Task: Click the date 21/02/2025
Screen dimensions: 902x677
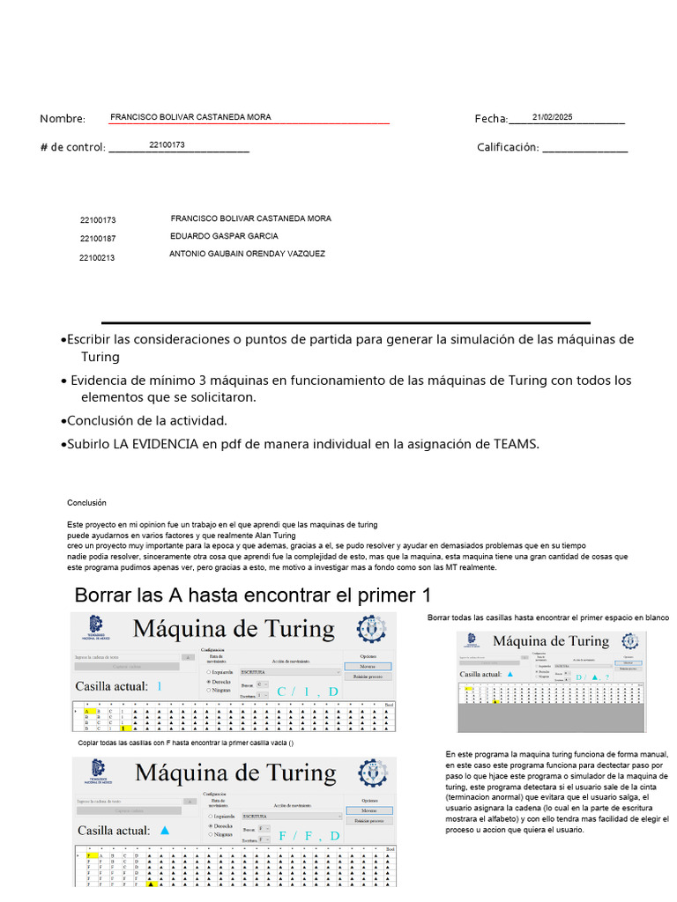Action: coord(552,116)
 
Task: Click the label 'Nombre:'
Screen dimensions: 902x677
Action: coord(63,120)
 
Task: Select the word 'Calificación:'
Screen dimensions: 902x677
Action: coord(507,147)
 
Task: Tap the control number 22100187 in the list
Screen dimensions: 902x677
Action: coord(98,239)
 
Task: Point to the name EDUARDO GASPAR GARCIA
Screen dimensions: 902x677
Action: coord(223,236)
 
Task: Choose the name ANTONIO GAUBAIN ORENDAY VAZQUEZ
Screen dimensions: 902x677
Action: coord(247,254)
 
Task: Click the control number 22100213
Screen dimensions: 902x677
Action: coord(97,258)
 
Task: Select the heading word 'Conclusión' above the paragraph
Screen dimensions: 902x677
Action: coord(86,503)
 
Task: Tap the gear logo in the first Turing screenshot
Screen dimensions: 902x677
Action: coord(371,629)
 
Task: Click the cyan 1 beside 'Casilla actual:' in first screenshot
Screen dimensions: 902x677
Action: coord(160,685)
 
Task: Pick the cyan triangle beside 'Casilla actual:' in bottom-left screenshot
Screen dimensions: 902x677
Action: coord(164,830)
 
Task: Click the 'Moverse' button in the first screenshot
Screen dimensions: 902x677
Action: coord(368,667)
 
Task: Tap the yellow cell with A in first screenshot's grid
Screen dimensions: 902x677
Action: coord(87,710)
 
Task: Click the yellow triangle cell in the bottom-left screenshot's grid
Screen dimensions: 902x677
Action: coord(151,884)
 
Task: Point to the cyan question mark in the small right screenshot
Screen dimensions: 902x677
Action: coord(606,676)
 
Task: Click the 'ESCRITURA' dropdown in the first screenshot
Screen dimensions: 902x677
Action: coord(290,671)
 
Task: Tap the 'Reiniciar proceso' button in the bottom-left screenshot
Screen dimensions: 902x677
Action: coord(369,820)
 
